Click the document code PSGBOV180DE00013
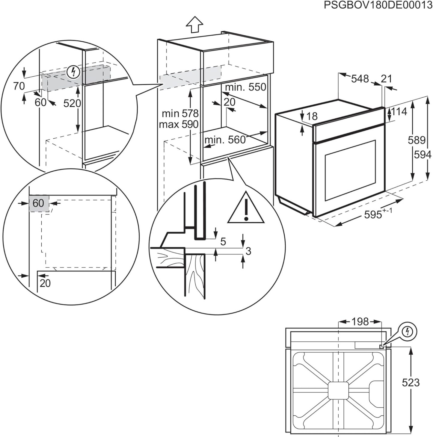[x=378, y=6]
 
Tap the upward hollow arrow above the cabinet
[x=194, y=24]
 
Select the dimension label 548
[x=360, y=79]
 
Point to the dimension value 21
[x=386, y=79]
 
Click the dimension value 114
[x=399, y=112]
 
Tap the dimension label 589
[x=417, y=140]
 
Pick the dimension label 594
[x=423, y=155]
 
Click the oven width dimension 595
[x=374, y=214]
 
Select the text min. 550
[x=245, y=87]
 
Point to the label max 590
[x=179, y=124]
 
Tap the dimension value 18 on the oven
[x=312, y=116]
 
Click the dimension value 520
[x=72, y=103]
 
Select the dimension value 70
[x=19, y=86]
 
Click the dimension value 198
[x=360, y=322]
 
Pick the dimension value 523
[x=411, y=382]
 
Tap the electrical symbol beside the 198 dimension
[x=407, y=331]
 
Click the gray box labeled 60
[x=39, y=203]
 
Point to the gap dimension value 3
[x=248, y=251]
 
